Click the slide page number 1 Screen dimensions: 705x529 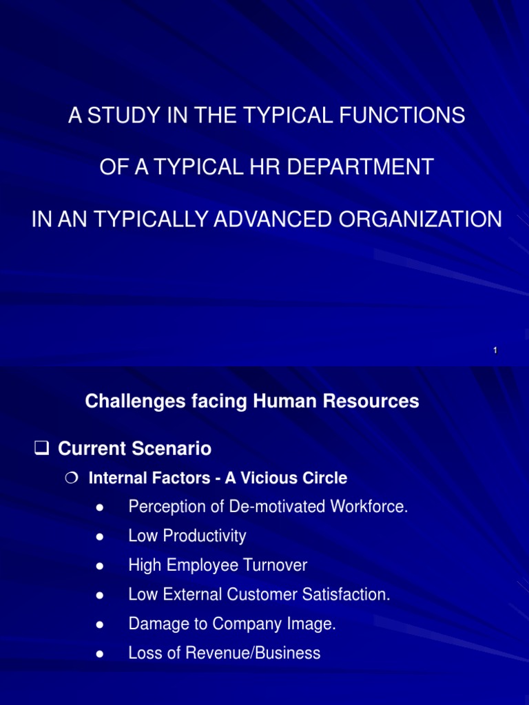(495, 351)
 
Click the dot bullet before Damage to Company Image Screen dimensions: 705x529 (101, 624)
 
